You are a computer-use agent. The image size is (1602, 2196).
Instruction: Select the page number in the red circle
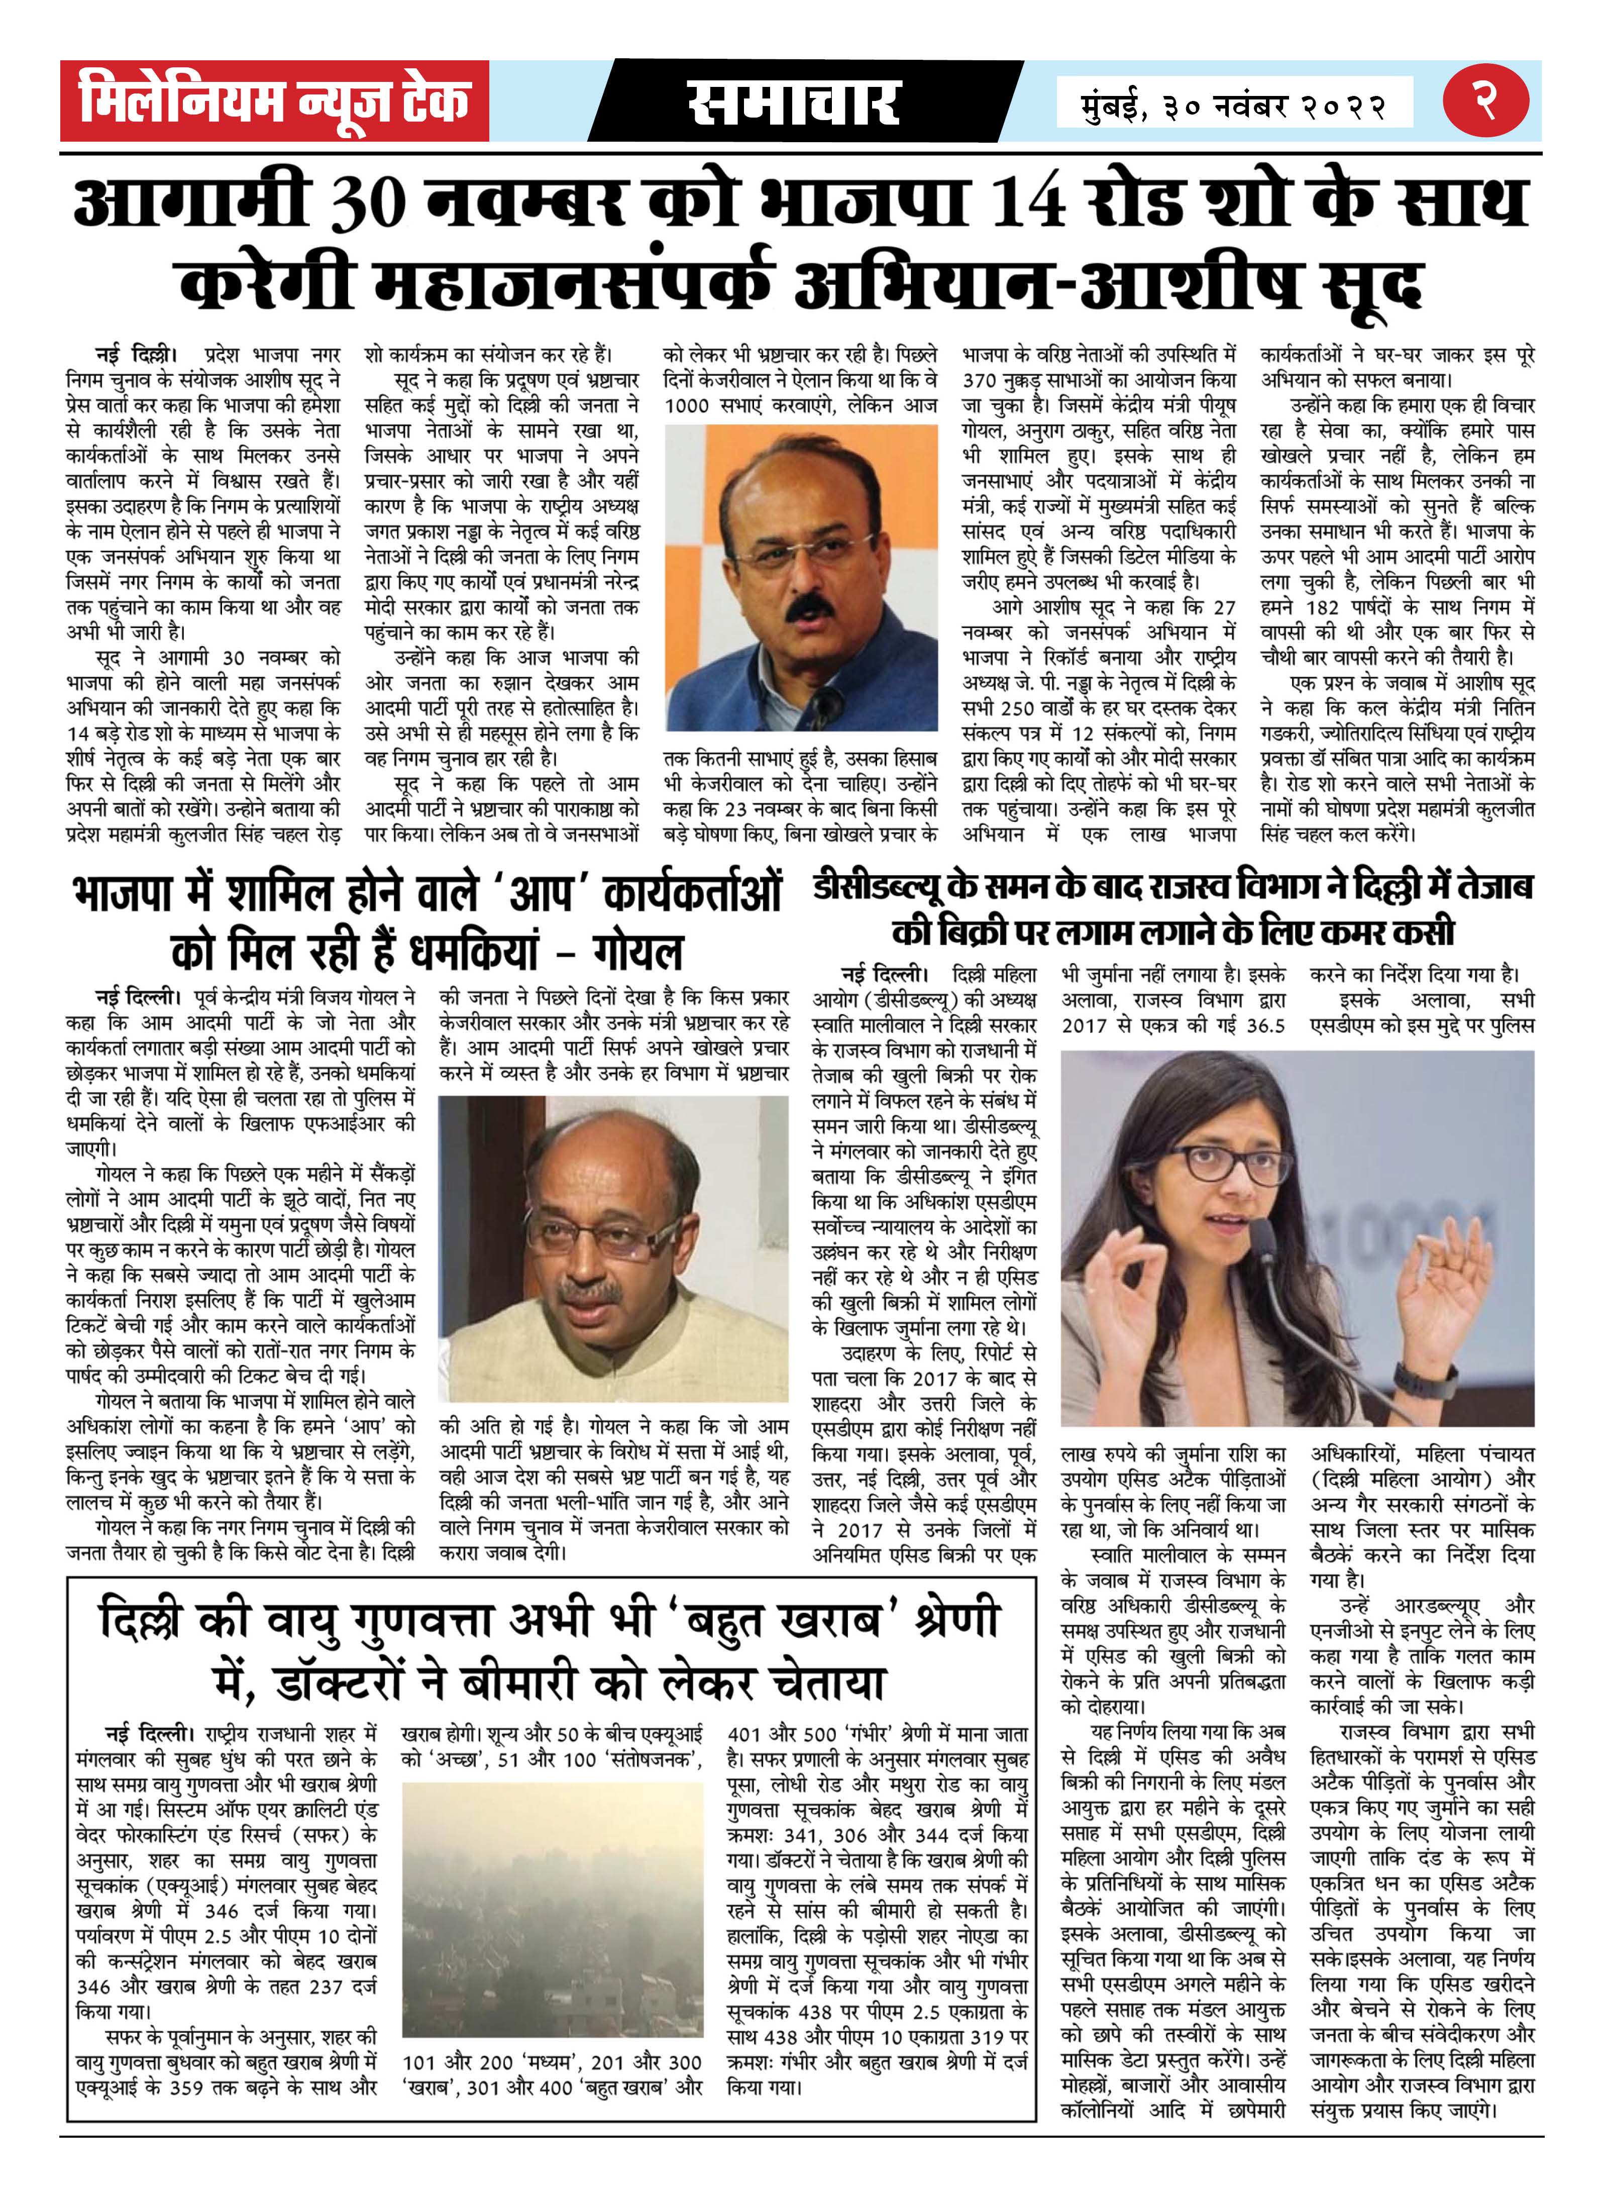(1485, 100)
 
